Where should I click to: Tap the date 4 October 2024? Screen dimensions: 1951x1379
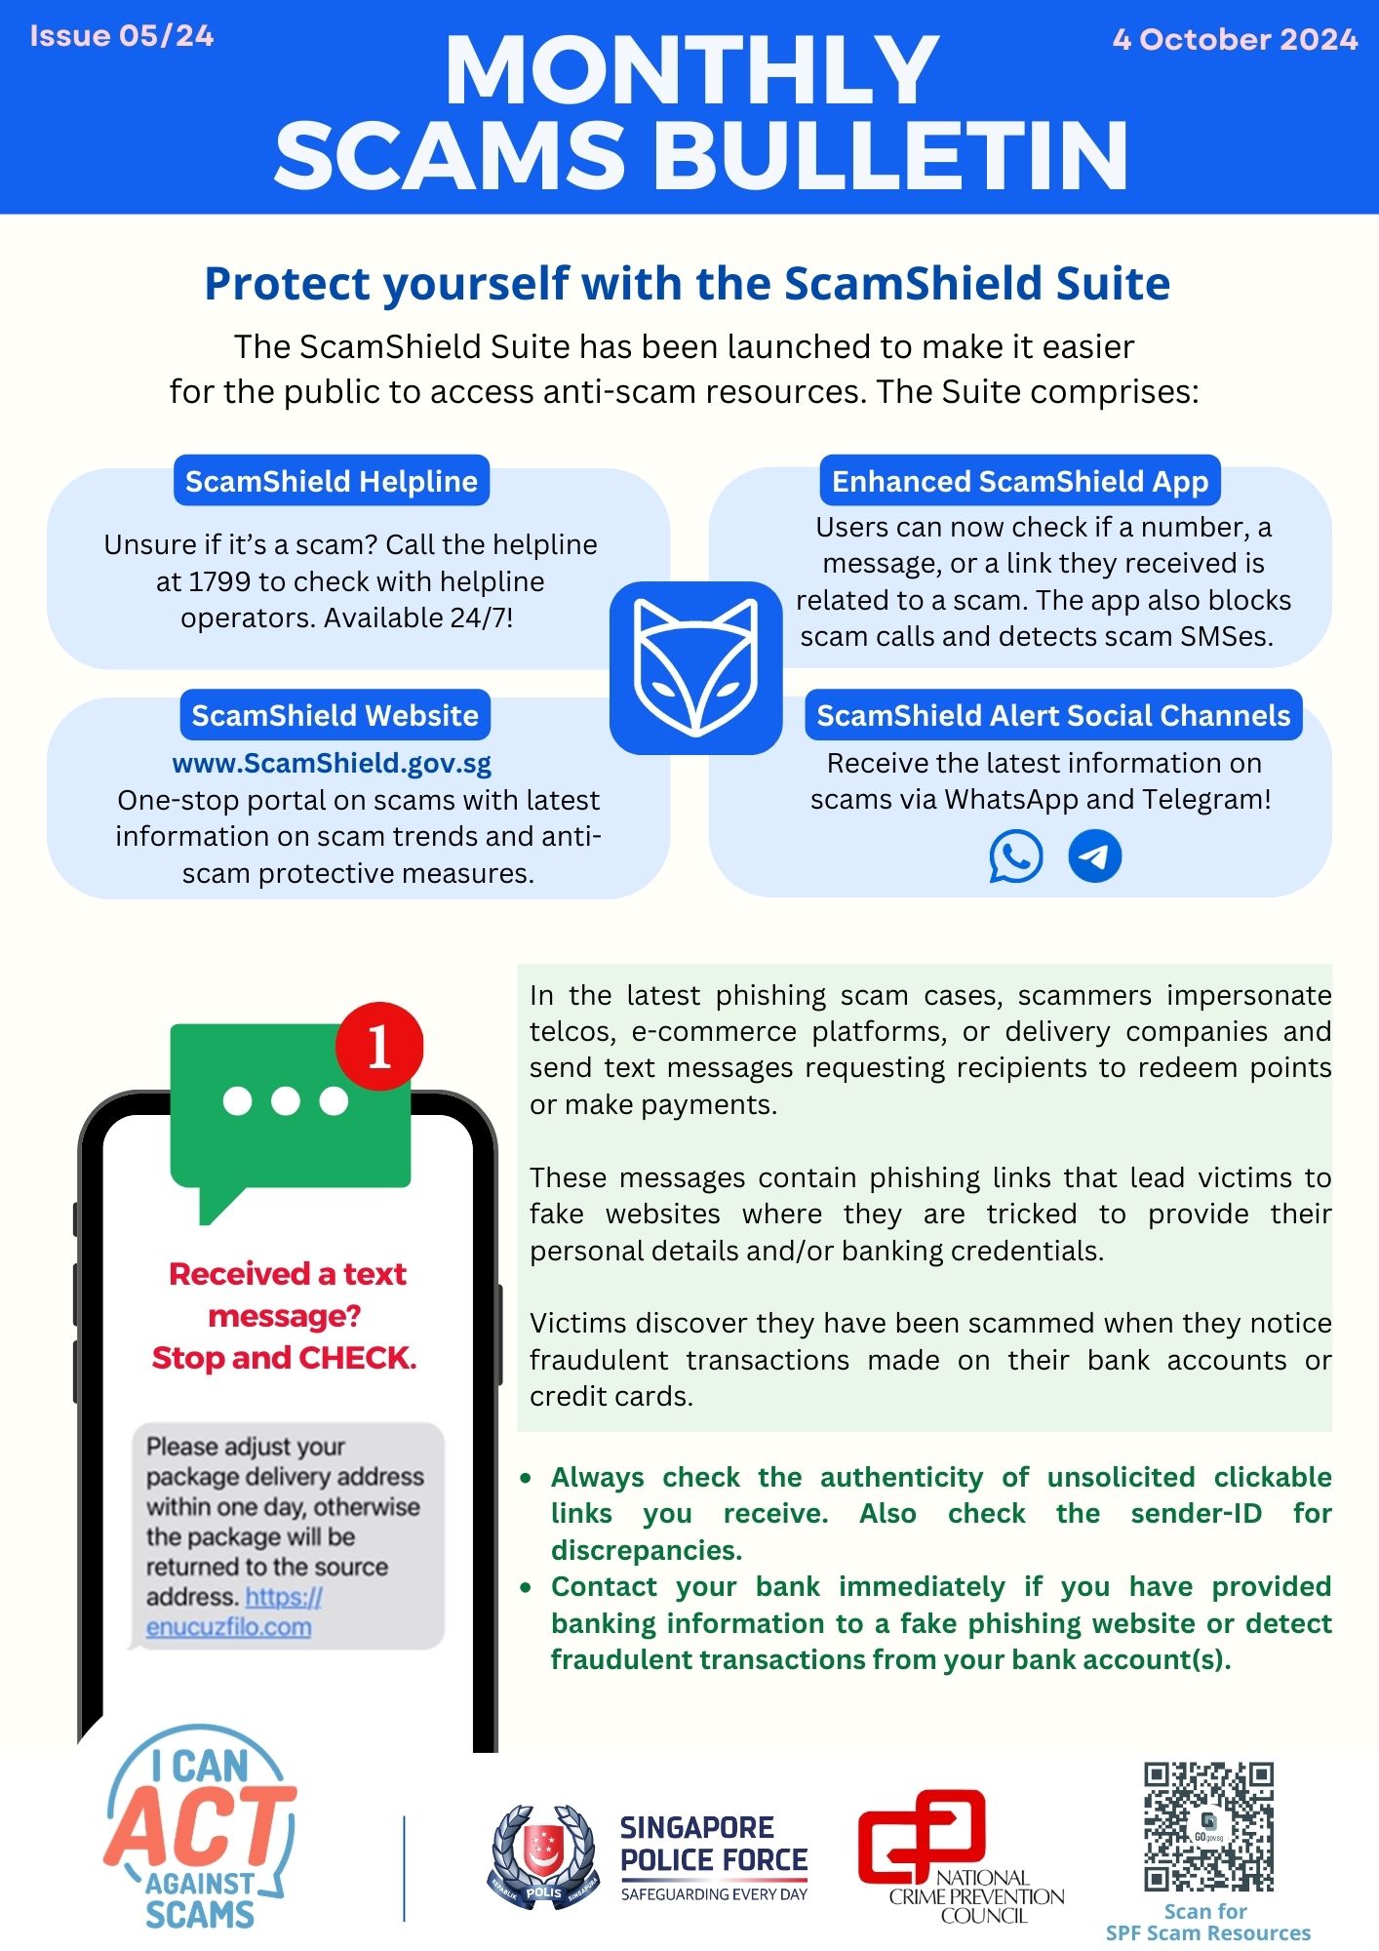(1235, 39)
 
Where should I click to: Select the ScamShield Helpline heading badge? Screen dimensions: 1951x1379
(332, 481)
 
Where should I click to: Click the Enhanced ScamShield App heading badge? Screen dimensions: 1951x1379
(1019, 481)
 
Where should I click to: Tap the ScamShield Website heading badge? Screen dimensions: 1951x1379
(335, 715)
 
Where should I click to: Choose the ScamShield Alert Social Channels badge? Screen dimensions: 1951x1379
(1053, 715)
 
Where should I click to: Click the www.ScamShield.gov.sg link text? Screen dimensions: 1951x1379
(332, 763)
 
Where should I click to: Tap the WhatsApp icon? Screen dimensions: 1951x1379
(1015, 856)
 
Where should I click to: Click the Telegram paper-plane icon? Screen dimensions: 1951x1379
(1095, 856)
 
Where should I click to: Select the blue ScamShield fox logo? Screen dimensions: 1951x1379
(695, 667)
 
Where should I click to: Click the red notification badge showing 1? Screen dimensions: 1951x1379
(379, 1047)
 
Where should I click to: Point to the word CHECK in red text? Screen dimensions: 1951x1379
(357, 1358)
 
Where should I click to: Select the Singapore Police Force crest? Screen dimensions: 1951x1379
(543, 1853)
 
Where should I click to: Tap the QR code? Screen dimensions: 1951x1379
(1208, 1826)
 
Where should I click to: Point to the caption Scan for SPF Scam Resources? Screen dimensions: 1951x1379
(1207, 1922)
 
